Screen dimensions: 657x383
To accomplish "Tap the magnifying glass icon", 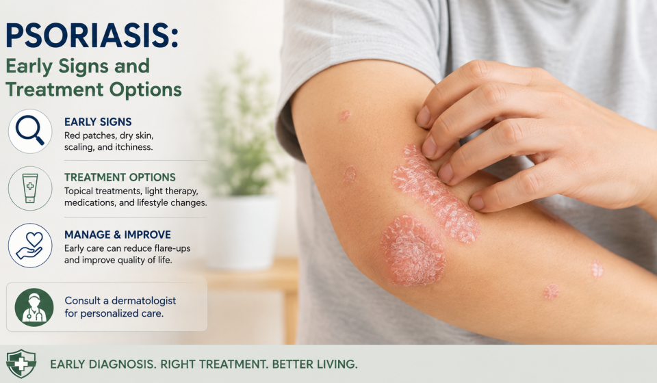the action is (x=30, y=131).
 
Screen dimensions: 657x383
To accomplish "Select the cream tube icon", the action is (x=30, y=188).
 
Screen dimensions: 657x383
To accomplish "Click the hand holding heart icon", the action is (x=30, y=246).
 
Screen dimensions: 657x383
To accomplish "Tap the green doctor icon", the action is (x=34, y=307).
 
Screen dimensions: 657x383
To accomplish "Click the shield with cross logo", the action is (x=21, y=363).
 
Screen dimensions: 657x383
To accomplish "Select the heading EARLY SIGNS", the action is (x=98, y=122).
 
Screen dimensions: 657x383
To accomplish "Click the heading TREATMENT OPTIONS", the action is (x=120, y=177).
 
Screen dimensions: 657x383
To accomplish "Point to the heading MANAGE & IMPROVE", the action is (x=118, y=235).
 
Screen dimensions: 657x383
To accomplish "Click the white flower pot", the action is (x=242, y=233).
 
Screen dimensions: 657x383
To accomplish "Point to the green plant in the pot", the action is (x=242, y=134).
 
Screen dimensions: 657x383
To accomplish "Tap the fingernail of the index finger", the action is (x=423, y=116).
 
